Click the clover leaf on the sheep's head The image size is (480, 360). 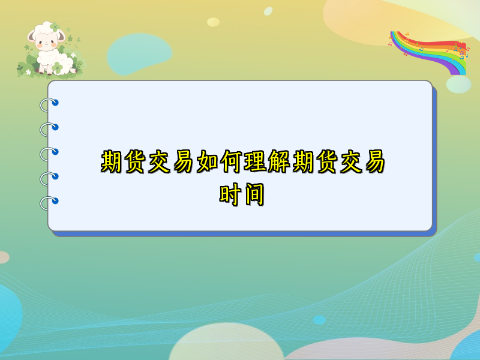tap(55, 27)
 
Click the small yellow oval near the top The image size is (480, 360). tap(213, 22)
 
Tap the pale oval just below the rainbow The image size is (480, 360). tap(458, 84)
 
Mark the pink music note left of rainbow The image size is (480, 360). tap(391, 43)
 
